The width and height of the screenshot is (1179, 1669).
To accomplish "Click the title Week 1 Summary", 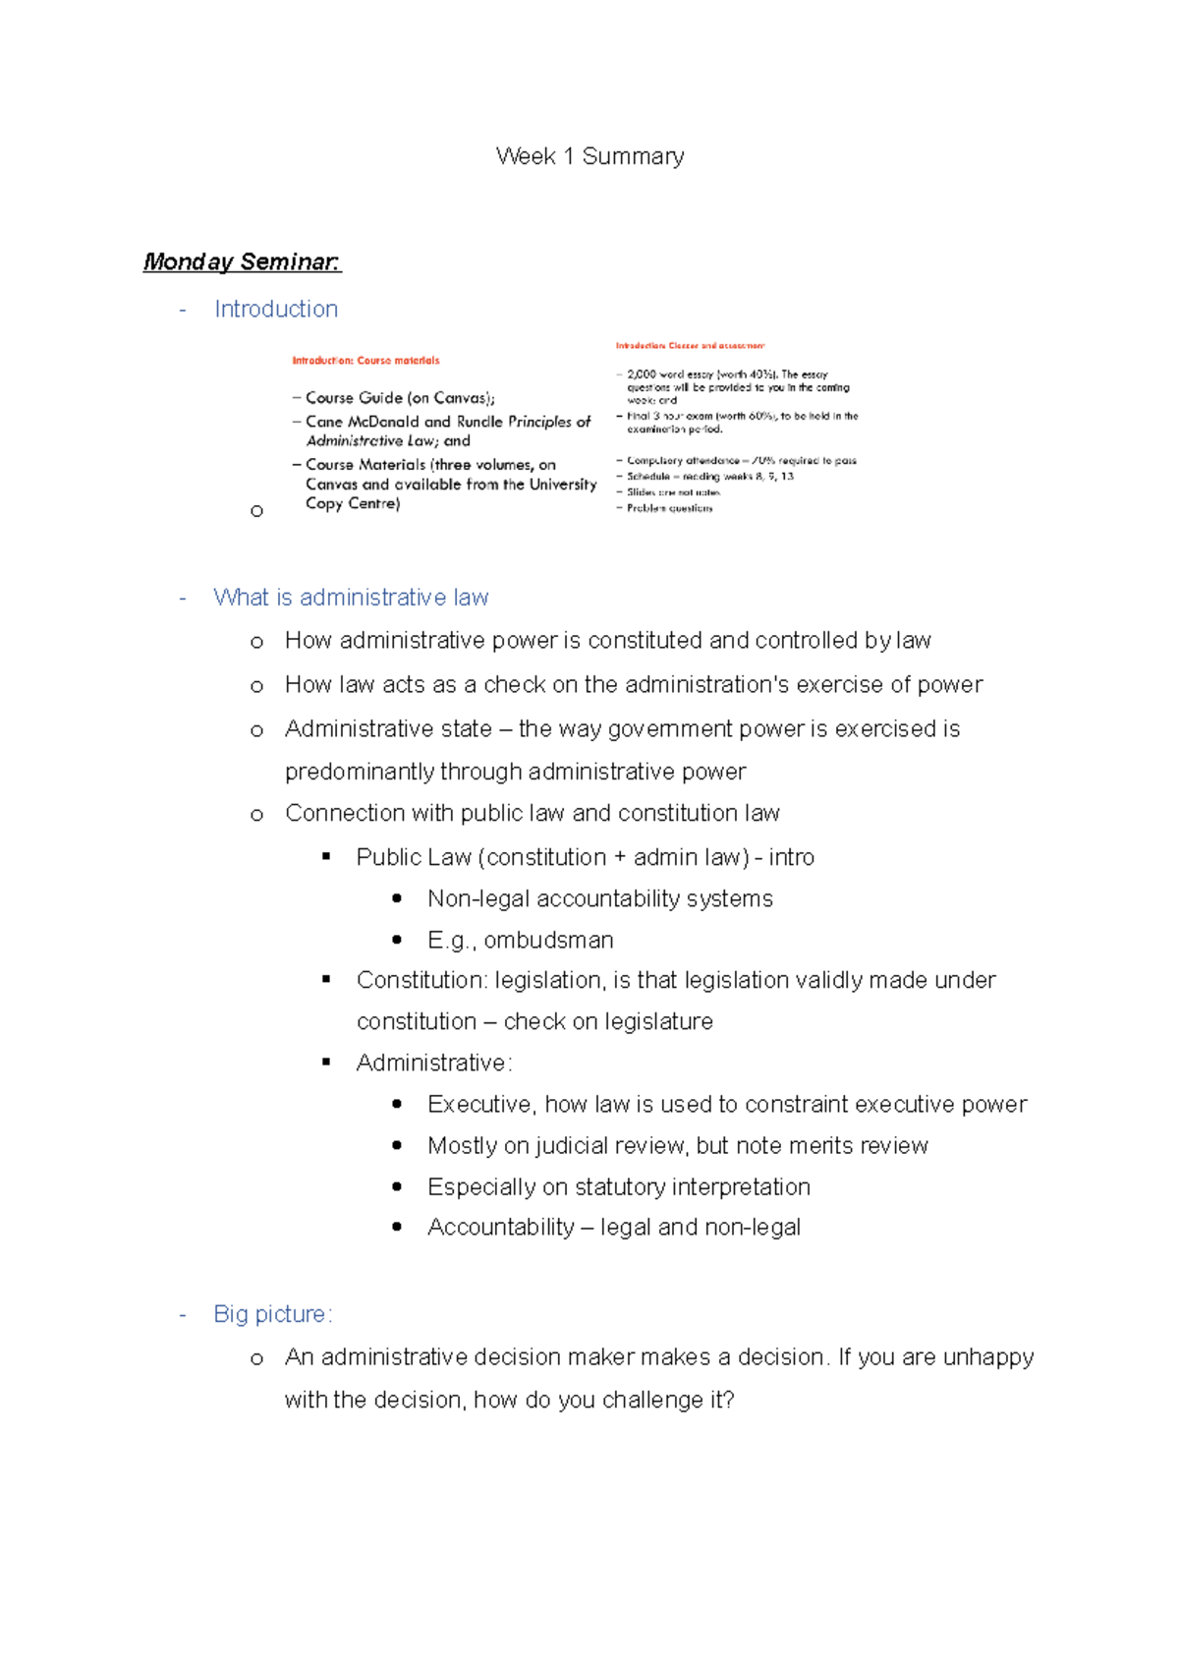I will [x=589, y=156].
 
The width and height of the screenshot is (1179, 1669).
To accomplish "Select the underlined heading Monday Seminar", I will [x=242, y=261].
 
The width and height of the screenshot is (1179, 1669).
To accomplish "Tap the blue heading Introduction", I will [x=276, y=309].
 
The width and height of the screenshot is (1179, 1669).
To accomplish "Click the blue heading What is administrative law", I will [x=351, y=598].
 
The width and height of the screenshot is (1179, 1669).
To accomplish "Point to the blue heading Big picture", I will [x=272, y=1314].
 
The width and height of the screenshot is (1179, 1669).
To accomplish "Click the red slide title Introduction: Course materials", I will [x=365, y=361].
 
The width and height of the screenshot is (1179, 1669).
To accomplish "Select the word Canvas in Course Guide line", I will [x=460, y=398].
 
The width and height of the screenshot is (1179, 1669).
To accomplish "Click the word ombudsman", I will [x=548, y=941].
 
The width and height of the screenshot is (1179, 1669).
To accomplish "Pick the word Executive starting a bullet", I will [x=480, y=1105].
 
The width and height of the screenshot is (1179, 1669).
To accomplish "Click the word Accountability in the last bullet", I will [x=500, y=1228].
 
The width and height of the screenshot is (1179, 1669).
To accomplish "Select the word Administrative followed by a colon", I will [x=430, y=1064].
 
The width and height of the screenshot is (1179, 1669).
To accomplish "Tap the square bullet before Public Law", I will [x=326, y=857].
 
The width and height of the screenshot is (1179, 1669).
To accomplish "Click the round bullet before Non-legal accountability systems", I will [x=397, y=898].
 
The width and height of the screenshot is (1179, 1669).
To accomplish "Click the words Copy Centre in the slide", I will [x=352, y=503].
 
